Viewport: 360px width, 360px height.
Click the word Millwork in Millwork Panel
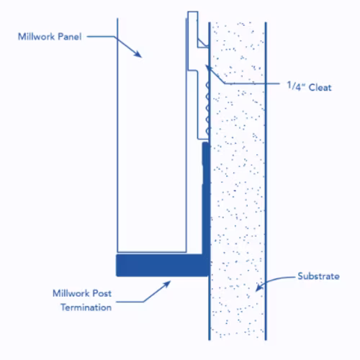(x=37, y=37)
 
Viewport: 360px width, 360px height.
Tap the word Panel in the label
(x=70, y=37)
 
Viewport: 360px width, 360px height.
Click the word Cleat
(x=320, y=87)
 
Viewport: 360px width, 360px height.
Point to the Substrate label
(x=318, y=276)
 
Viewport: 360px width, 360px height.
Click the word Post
(x=102, y=293)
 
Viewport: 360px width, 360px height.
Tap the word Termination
(x=86, y=307)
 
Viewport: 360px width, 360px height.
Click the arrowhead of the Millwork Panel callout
(x=138, y=55)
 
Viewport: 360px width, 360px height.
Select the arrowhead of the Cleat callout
(x=209, y=68)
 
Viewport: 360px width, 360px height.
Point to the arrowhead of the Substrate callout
(x=259, y=287)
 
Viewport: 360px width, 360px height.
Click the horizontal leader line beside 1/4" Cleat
(x=252, y=84)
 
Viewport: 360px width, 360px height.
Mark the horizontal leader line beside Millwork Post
(x=130, y=302)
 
